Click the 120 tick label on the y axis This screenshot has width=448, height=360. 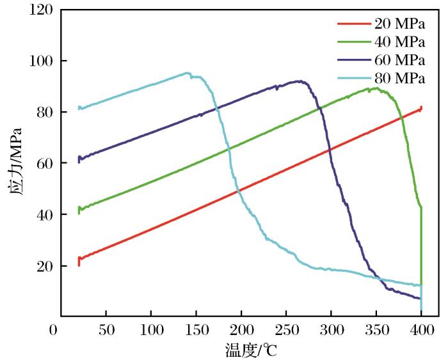[40, 10]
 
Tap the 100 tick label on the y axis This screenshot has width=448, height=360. [40, 61]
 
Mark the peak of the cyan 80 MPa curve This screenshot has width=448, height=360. [187, 73]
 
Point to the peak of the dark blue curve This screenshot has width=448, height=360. [298, 81]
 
